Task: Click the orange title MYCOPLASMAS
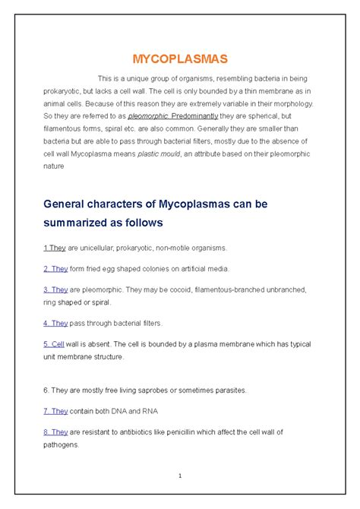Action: (180, 58)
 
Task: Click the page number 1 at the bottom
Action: (180, 476)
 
